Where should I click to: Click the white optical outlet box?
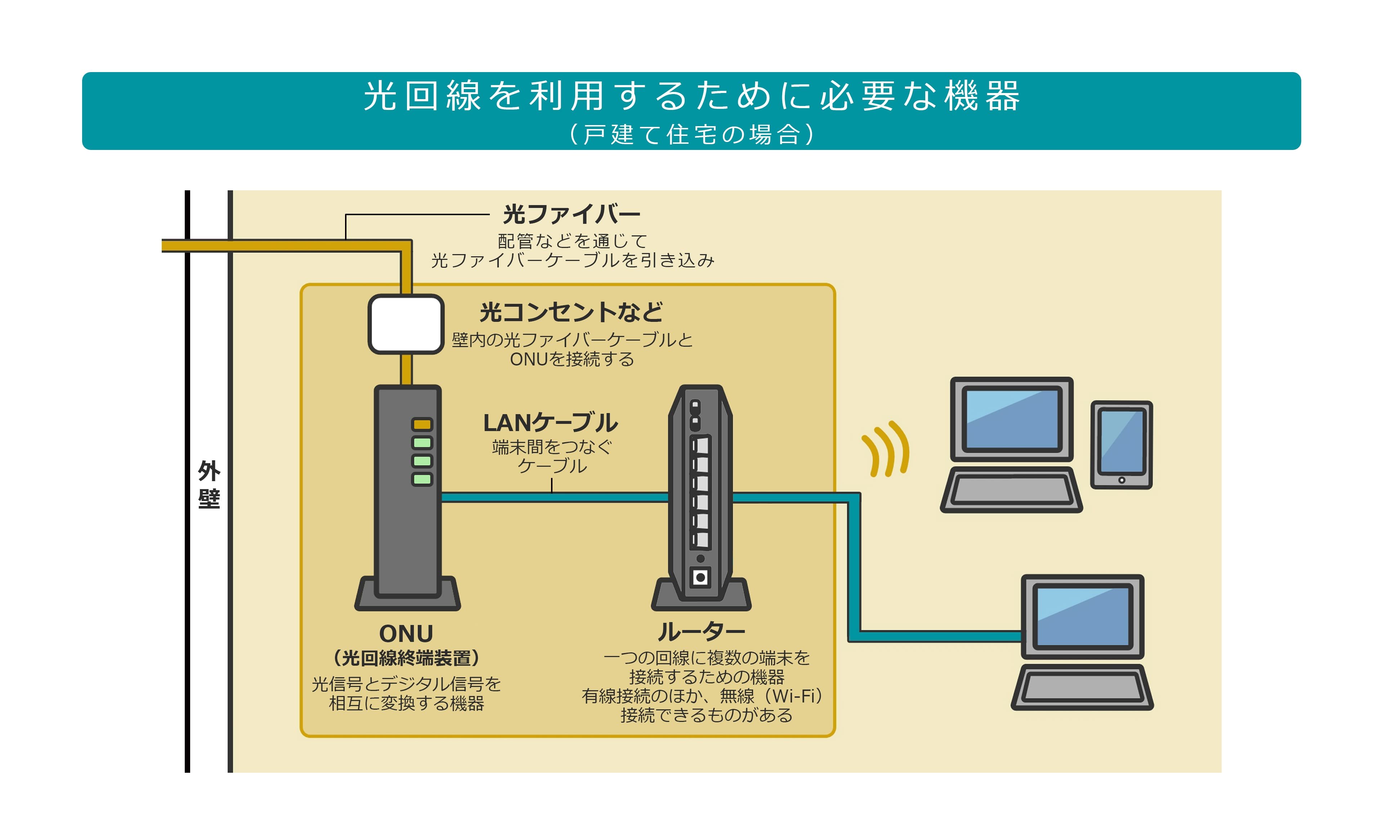[x=406, y=324]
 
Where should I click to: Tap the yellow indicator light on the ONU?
[x=422, y=425]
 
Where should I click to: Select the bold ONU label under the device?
[x=406, y=633]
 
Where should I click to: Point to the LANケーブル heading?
[x=551, y=423]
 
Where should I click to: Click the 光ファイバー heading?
[x=572, y=214]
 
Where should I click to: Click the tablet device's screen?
[x=1122, y=442]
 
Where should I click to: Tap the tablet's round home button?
[x=1122, y=480]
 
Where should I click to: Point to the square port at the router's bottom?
[x=700, y=577]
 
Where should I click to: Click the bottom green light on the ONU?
[x=422, y=479]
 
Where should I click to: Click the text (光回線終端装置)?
[x=406, y=658]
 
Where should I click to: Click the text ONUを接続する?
[x=572, y=359]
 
